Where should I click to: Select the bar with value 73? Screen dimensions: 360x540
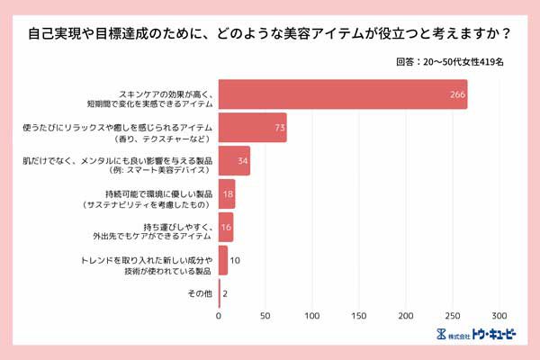pos(252,128)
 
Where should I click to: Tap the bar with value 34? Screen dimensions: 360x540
pos(234,161)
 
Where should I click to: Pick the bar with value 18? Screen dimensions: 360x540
pos(227,194)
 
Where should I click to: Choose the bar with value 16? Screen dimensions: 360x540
pos(226,228)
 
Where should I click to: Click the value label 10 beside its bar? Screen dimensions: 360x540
pos(235,260)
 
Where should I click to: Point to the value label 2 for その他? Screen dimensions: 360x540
pos(225,293)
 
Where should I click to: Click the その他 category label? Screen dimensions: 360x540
pos(200,293)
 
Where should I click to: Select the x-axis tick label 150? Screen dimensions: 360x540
pos(359,316)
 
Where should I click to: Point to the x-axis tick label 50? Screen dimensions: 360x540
pos(265,316)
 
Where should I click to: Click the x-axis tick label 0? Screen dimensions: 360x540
pos(219,316)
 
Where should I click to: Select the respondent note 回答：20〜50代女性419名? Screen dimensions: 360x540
pos(449,64)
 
